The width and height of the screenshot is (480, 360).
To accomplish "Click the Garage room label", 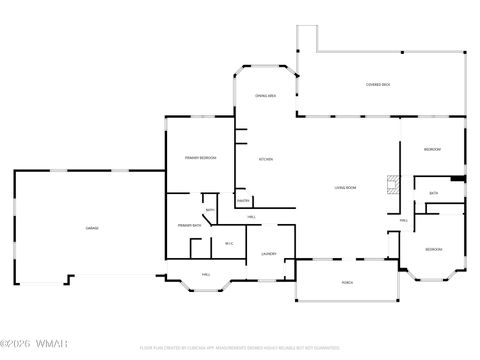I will point(91,229).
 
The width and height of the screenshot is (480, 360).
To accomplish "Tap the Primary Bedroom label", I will point(201,159).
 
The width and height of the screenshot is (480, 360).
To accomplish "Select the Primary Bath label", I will point(191,226).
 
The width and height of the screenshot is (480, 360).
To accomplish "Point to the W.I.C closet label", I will point(229,243).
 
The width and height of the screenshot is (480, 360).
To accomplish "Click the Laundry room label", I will point(269,254).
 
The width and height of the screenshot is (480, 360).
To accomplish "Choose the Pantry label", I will point(243,201).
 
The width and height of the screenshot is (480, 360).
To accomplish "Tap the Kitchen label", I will point(267,159).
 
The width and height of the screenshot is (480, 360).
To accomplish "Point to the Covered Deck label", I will point(378,85).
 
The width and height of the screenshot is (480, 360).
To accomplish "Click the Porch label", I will point(347,283).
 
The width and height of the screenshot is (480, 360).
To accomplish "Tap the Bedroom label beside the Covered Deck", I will point(432,149).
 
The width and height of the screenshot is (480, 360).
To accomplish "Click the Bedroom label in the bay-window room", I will point(433,249).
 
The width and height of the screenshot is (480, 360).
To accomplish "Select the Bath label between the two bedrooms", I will point(433,193).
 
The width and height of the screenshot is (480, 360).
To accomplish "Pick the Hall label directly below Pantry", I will point(251,217).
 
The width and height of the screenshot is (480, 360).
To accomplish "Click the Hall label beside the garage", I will point(206,274).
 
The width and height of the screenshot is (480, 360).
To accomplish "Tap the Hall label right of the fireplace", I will point(404,220).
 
